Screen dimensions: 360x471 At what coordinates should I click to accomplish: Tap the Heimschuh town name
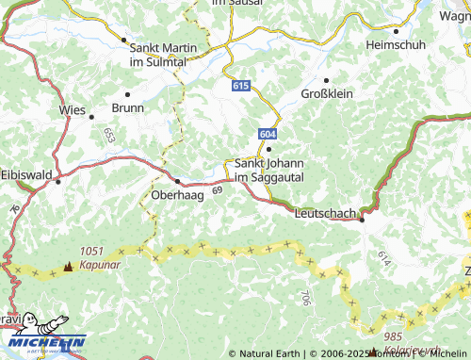pyautogui.click(x=396, y=44)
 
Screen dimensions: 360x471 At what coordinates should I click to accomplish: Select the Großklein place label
pyautogui.click(x=325, y=94)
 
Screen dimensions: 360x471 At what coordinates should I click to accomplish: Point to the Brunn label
pyautogui.click(x=127, y=107)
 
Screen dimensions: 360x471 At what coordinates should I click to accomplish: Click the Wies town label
pyautogui.click(x=72, y=109)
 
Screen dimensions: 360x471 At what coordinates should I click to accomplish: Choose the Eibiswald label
pyautogui.click(x=26, y=175)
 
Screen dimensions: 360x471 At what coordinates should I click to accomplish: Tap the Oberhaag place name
pyautogui.click(x=177, y=195)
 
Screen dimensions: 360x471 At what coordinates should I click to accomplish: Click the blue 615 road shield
pyautogui.click(x=241, y=86)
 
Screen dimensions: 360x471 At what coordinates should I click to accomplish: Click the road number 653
pyautogui.click(x=109, y=136)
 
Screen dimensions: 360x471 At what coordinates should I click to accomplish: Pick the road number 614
pyautogui.click(x=383, y=256)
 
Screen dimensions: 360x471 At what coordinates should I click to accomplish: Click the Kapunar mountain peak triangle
pyautogui.click(x=67, y=267)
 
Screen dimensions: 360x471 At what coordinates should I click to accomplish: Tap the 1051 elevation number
pyautogui.click(x=92, y=251)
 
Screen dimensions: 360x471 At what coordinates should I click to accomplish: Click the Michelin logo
pyautogui.click(x=42, y=335)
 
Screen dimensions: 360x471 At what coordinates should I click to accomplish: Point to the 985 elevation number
pyautogui.click(x=394, y=336)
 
